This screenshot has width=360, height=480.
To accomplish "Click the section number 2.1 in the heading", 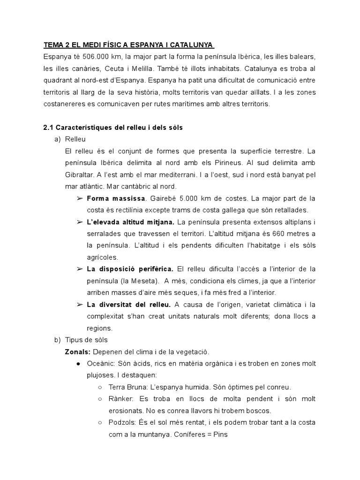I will pyautogui.click(x=48, y=127).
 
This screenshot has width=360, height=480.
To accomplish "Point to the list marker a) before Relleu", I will pyautogui.click(x=58, y=139).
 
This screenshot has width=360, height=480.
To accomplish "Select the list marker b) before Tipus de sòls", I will pyautogui.click(x=58, y=339).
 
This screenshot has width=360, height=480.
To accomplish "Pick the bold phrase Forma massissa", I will pyautogui.click(x=116, y=198).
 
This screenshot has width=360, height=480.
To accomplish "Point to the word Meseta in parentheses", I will pyautogui.click(x=145, y=280).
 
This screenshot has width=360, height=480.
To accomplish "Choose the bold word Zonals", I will pyautogui.click(x=77, y=352).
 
